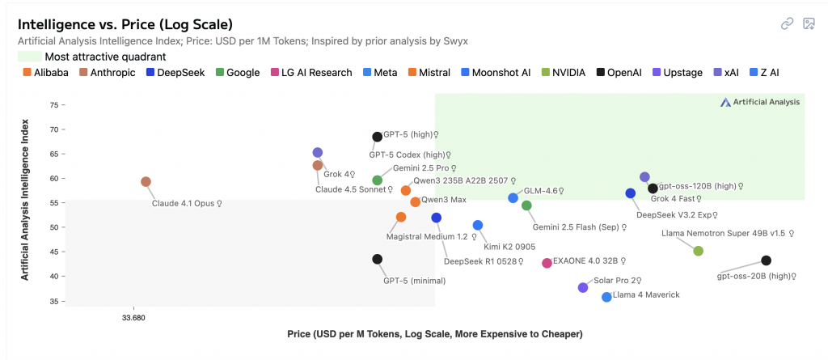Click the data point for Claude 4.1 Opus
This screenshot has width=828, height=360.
(x=146, y=182)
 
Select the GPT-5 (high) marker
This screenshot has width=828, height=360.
(x=377, y=137)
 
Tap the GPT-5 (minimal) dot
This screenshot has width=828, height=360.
(x=377, y=259)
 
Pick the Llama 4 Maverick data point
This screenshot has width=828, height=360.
(x=606, y=297)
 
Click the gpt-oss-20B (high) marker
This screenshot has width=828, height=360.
(x=766, y=260)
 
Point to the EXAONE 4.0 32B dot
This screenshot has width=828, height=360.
(x=547, y=263)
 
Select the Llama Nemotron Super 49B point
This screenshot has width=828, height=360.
(x=699, y=251)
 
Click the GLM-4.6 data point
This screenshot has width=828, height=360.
(x=513, y=198)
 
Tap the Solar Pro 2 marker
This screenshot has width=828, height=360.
(x=583, y=287)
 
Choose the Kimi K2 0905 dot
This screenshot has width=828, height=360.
(x=477, y=225)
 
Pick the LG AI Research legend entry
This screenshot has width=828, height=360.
(x=311, y=73)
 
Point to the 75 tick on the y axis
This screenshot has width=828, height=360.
(x=55, y=105)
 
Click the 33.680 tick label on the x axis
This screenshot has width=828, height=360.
(x=133, y=317)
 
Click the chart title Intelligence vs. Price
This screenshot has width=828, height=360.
(x=125, y=23)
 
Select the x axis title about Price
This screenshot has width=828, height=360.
(x=435, y=334)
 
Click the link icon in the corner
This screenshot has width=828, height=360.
(x=787, y=23)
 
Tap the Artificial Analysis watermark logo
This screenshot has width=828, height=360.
(x=760, y=102)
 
